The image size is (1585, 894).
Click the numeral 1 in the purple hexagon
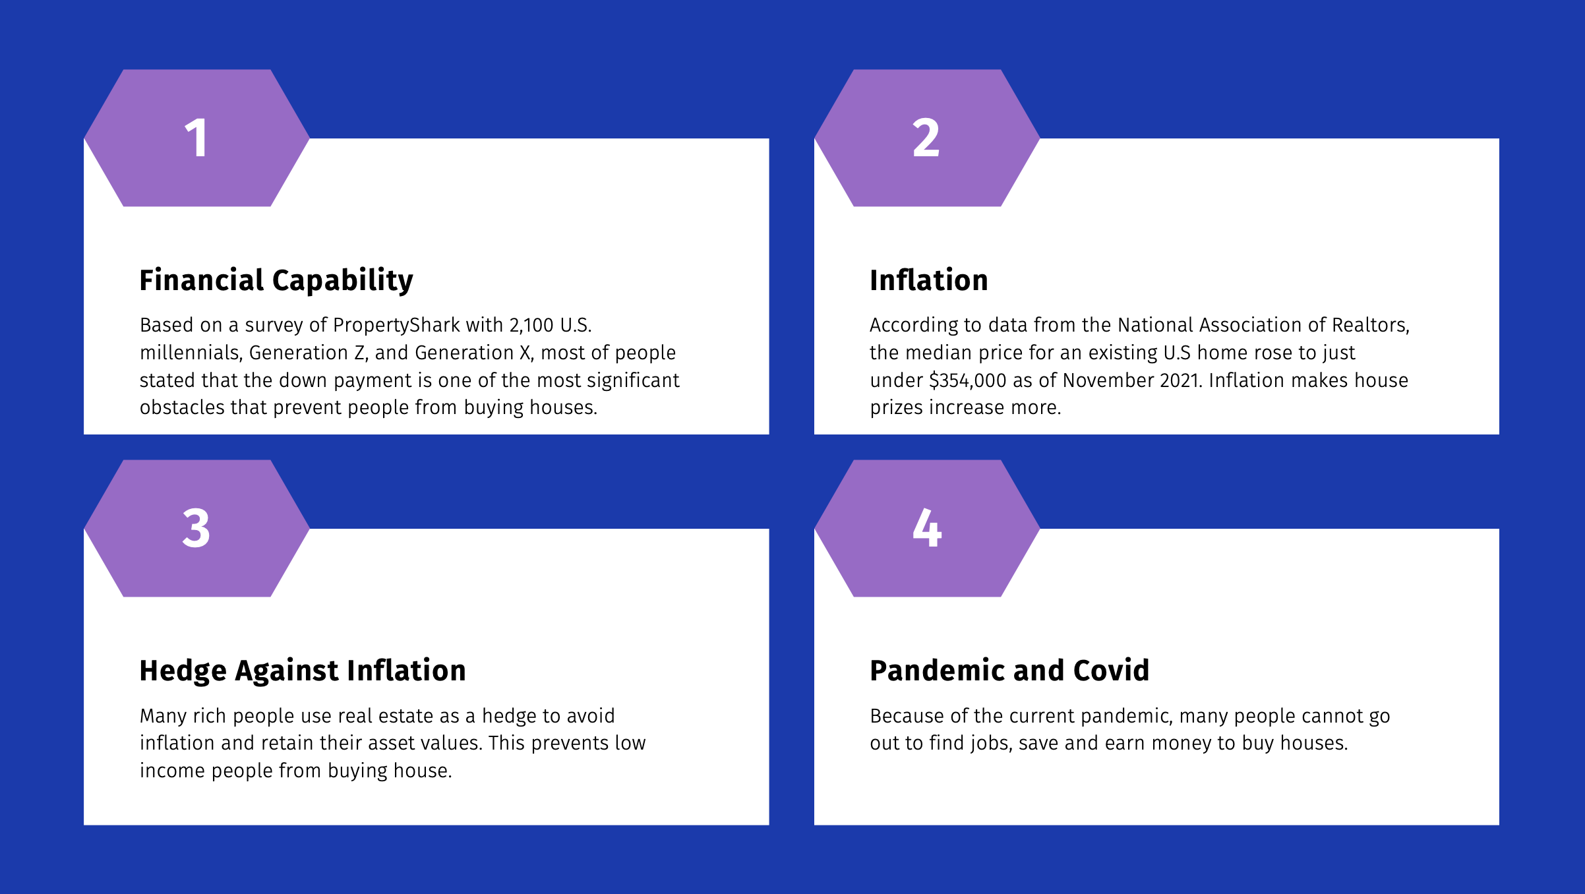tap(196, 138)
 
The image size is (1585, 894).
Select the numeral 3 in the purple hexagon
tap(196, 528)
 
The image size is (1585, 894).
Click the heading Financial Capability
tap(276, 280)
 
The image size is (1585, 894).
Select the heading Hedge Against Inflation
tap(303, 670)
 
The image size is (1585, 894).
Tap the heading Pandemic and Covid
tap(1009, 670)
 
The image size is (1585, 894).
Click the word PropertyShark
tap(396, 325)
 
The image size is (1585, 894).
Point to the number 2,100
tap(531, 325)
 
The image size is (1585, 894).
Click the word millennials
tap(191, 353)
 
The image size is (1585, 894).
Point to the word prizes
tap(897, 408)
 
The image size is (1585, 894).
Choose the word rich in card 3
tap(210, 716)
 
